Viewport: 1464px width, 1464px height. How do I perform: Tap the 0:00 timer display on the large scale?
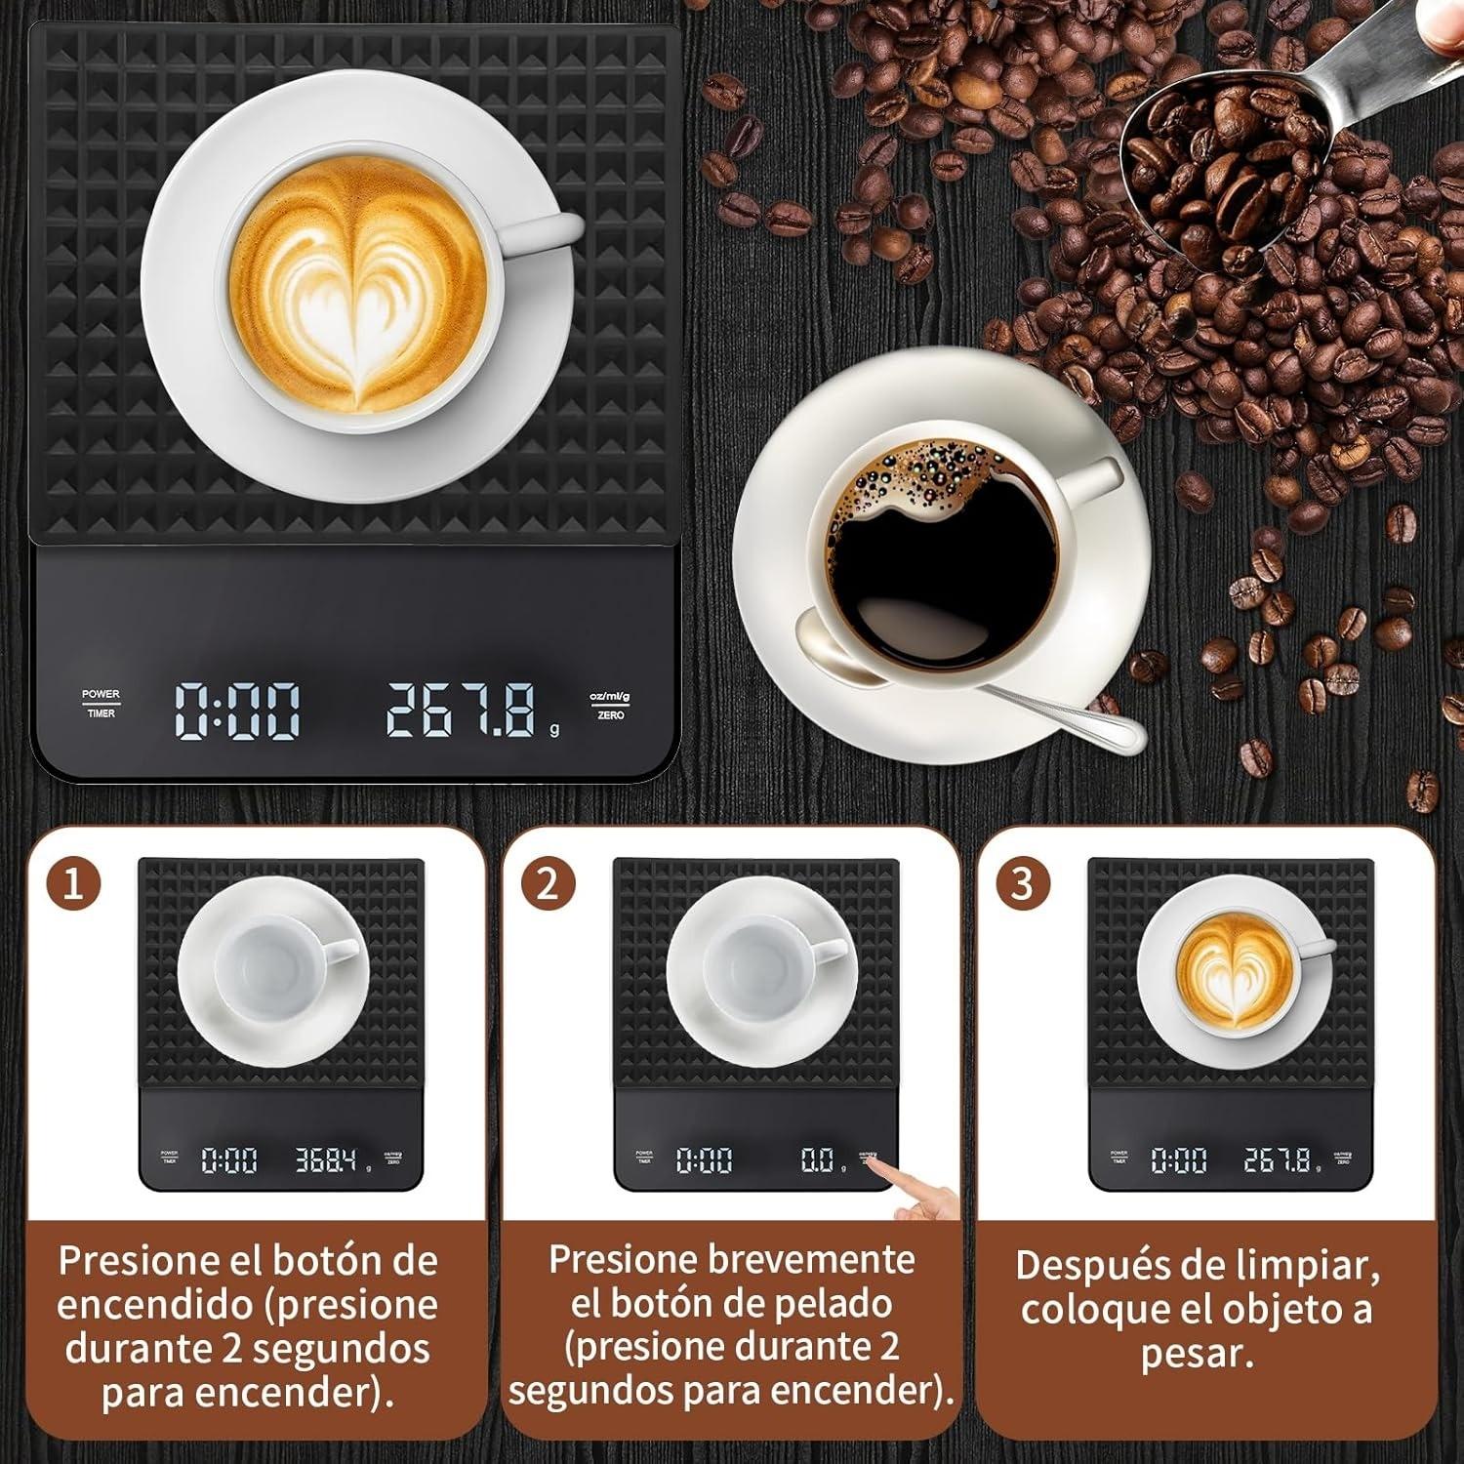point(237,711)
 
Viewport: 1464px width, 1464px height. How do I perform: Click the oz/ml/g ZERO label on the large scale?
point(610,706)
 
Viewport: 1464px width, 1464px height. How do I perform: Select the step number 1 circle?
point(73,883)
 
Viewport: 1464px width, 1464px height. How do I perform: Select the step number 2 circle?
point(548,883)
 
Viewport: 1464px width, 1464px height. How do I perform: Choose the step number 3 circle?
point(1022,883)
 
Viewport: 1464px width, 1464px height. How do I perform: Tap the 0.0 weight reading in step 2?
point(817,1159)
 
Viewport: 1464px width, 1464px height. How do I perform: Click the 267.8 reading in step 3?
point(1279,1159)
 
